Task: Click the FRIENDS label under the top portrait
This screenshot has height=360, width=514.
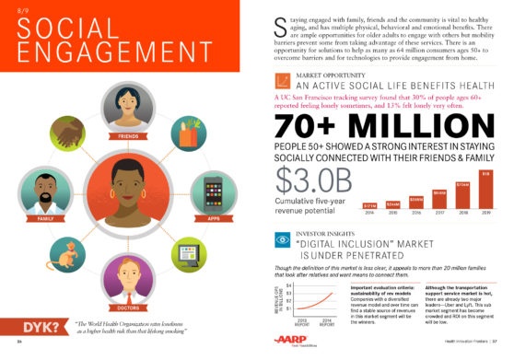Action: click(128, 135)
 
